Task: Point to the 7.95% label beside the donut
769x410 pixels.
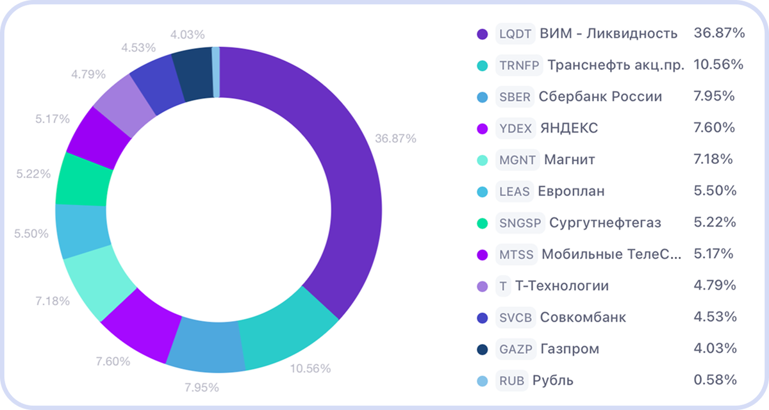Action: pyautogui.click(x=202, y=387)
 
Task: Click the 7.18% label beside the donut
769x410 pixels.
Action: pyautogui.click(x=52, y=300)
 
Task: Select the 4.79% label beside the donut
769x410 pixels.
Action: pyautogui.click(x=88, y=74)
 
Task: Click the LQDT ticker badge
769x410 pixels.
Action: pyautogui.click(x=515, y=34)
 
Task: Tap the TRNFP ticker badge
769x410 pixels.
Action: pyautogui.click(x=519, y=65)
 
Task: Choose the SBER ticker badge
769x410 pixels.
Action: pyautogui.click(x=515, y=97)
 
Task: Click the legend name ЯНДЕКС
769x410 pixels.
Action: pyautogui.click(x=568, y=128)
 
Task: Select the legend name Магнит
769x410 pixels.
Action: pyautogui.click(x=569, y=160)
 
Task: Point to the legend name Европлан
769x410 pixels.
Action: pyautogui.click(x=571, y=192)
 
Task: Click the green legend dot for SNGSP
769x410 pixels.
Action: pyautogui.click(x=483, y=223)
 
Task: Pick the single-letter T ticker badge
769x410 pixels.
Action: pyautogui.click(x=503, y=286)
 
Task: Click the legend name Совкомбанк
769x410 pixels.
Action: pyautogui.click(x=583, y=318)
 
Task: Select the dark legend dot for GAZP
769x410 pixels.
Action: pyautogui.click(x=483, y=349)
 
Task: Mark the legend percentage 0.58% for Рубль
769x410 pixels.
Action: pyautogui.click(x=715, y=381)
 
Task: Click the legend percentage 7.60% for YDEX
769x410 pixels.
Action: pyautogui.click(x=714, y=128)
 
